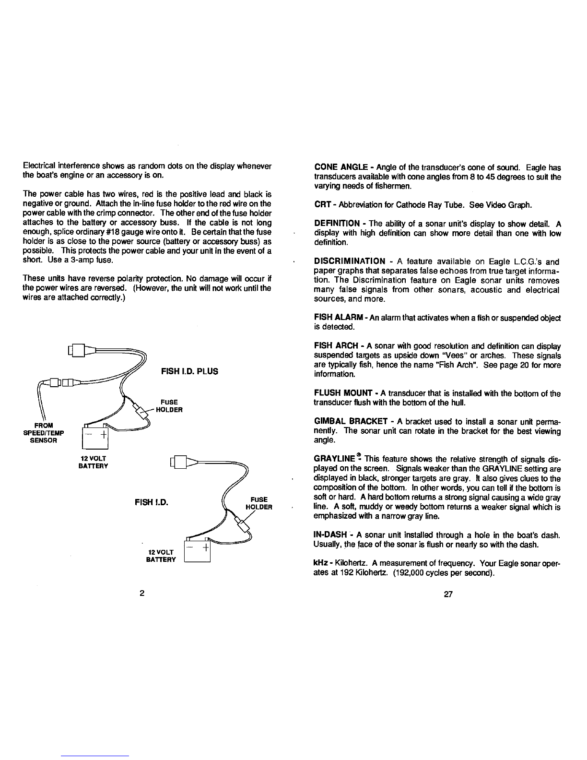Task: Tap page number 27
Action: pos(448,594)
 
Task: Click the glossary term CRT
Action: pos(320,205)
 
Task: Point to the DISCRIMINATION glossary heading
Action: pos(349,261)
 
